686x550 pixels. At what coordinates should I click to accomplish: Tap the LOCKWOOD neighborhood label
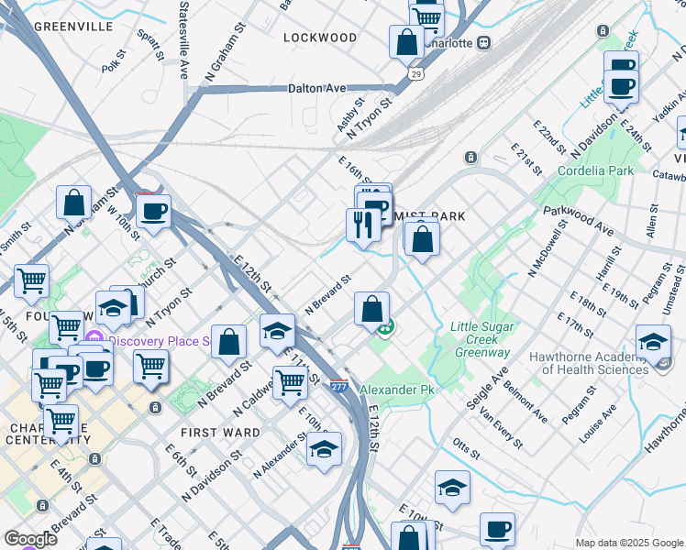click(x=320, y=38)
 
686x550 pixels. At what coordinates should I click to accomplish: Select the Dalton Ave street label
click(x=316, y=88)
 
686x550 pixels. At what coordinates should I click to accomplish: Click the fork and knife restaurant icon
click(x=363, y=224)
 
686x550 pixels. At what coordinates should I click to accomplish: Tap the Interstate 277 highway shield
click(x=338, y=389)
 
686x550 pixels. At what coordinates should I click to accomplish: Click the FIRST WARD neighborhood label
click(x=220, y=432)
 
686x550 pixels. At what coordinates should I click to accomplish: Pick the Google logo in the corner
click(x=30, y=539)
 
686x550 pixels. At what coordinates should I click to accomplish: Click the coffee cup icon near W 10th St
click(x=153, y=211)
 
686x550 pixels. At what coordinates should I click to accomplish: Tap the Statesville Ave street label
click(x=183, y=38)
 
